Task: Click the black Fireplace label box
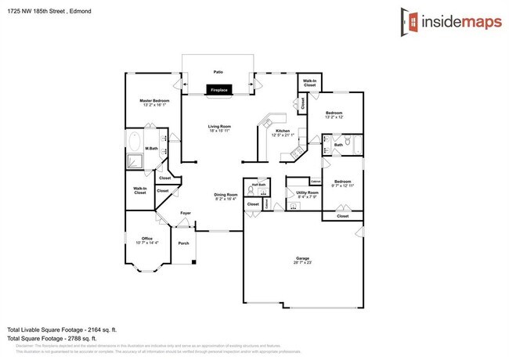(x=218, y=90)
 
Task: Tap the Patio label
(x=218, y=72)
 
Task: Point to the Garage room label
(x=301, y=258)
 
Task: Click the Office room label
(x=146, y=239)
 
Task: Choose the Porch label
(x=184, y=243)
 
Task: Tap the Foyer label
(x=186, y=213)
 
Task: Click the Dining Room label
(x=226, y=196)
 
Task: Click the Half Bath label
(x=258, y=184)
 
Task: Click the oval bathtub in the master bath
(x=135, y=143)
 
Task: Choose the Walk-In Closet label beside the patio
(x=309, y=83)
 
